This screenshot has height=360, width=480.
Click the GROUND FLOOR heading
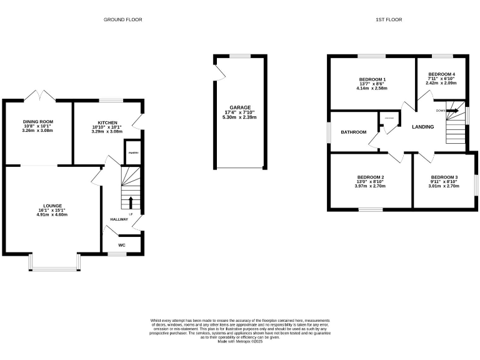122,20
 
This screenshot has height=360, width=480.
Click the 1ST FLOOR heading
388,20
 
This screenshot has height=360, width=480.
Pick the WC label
122,245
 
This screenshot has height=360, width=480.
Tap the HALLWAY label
119,219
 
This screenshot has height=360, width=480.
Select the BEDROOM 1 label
372,79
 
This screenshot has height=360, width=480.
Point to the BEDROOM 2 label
370,177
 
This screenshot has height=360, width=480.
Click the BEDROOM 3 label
444,177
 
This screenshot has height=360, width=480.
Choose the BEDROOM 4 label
441,74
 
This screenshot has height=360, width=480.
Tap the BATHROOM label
353,132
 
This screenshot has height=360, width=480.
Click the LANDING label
423,127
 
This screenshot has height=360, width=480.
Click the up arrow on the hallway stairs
131,201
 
